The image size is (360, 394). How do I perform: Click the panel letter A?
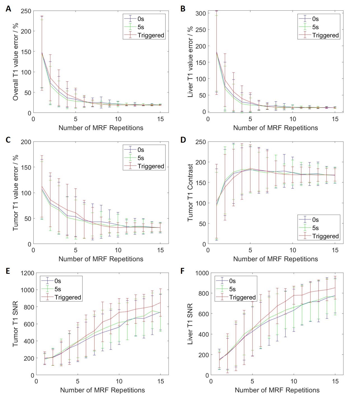click(8, 9)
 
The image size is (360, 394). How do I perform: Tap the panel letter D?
click(183, 140)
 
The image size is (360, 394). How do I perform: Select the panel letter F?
click(183, 271)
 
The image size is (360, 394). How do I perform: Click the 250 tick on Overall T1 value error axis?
click(26, 11)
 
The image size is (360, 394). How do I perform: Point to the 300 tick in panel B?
click(201, 13)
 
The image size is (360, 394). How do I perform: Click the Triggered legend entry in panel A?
click(151, 35)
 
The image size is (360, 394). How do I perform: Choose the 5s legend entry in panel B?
click(315, 27)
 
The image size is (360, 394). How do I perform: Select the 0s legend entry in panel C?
click(141, 150)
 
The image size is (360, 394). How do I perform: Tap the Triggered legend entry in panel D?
click(325, 236)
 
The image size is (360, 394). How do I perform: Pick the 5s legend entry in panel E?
click(58, 289)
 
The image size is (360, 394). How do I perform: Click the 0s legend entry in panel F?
click(232, 281)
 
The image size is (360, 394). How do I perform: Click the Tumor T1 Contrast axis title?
click(191, 193)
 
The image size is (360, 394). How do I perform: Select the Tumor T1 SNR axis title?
click(16, 324)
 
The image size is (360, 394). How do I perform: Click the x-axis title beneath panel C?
click(101, 259)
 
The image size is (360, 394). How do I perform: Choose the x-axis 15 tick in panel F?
click(335, 381)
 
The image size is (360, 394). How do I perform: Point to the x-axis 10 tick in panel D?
click(293, 250)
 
